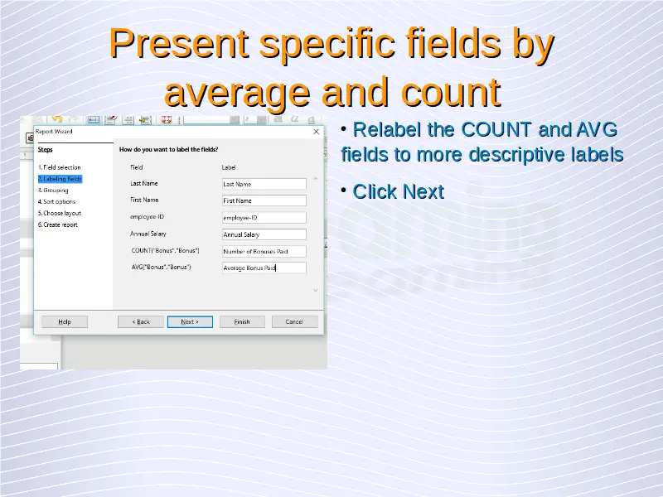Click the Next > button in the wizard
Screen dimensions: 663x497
pyautogui.click(x=190, y=321)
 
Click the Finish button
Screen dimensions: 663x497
pyautogui.click(x=242, y=321)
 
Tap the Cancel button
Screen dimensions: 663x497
pyautogui.click(x=294, y=321)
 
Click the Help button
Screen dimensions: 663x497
pyautogui.click(x=65, y=321)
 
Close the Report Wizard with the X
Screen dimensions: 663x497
pyautogui.click(x=316, y=132)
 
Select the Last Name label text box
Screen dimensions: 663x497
pyautogui.click(x=264, y=184)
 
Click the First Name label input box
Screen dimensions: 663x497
pyautogui.click(x=264, y=200)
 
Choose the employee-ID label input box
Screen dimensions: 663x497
pyautogui.click(x=264, y=217)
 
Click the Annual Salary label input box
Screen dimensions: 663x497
pyautogui.click(x=264, y=234)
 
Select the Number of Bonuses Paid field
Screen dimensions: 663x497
pyautogui.click(x=264, y=251)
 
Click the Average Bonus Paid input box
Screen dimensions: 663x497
pyautogui.click(x=264, y=268)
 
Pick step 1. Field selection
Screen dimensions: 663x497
pyautogui.click(x=59, y=167)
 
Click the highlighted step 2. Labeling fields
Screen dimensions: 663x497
pyautogui.click(x=60, y=179)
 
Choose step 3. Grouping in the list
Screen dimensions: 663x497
pyautogui.click(x=53, y=191)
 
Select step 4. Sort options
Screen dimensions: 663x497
pyautogui.click(x=56, y=201)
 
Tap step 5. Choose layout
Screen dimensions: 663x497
pyautogui.click(x=60, y=213)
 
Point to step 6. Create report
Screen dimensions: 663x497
pyautogui.click(x=58, y=224)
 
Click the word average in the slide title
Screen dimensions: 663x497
pyautogui.click(x=238, y=92)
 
